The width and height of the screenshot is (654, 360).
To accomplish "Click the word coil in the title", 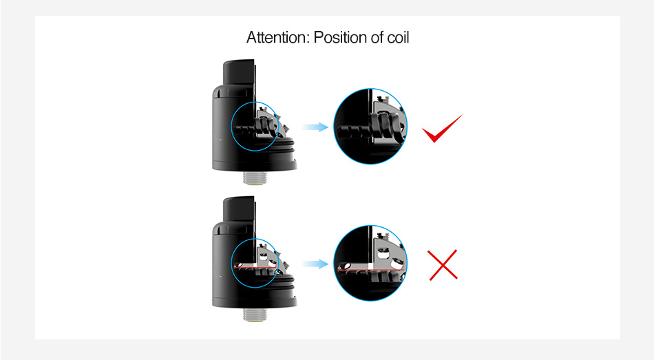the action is (398, 38).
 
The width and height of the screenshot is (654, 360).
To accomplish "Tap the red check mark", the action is (442, 129).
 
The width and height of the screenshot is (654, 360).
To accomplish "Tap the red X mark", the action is (443, 265).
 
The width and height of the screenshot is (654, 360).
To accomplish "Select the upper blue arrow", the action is (315, 127).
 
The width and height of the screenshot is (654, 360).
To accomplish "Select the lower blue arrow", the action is (315, 264).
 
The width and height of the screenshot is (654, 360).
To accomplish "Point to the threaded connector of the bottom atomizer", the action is (255, 315).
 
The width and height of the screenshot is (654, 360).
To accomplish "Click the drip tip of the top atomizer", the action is (239, 74).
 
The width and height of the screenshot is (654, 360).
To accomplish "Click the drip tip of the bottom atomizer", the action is (239, 211).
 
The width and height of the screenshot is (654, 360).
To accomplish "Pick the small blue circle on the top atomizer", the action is (231, 127).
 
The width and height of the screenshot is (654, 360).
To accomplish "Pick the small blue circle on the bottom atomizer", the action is (231, 263).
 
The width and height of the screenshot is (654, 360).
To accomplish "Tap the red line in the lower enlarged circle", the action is (371, 270).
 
